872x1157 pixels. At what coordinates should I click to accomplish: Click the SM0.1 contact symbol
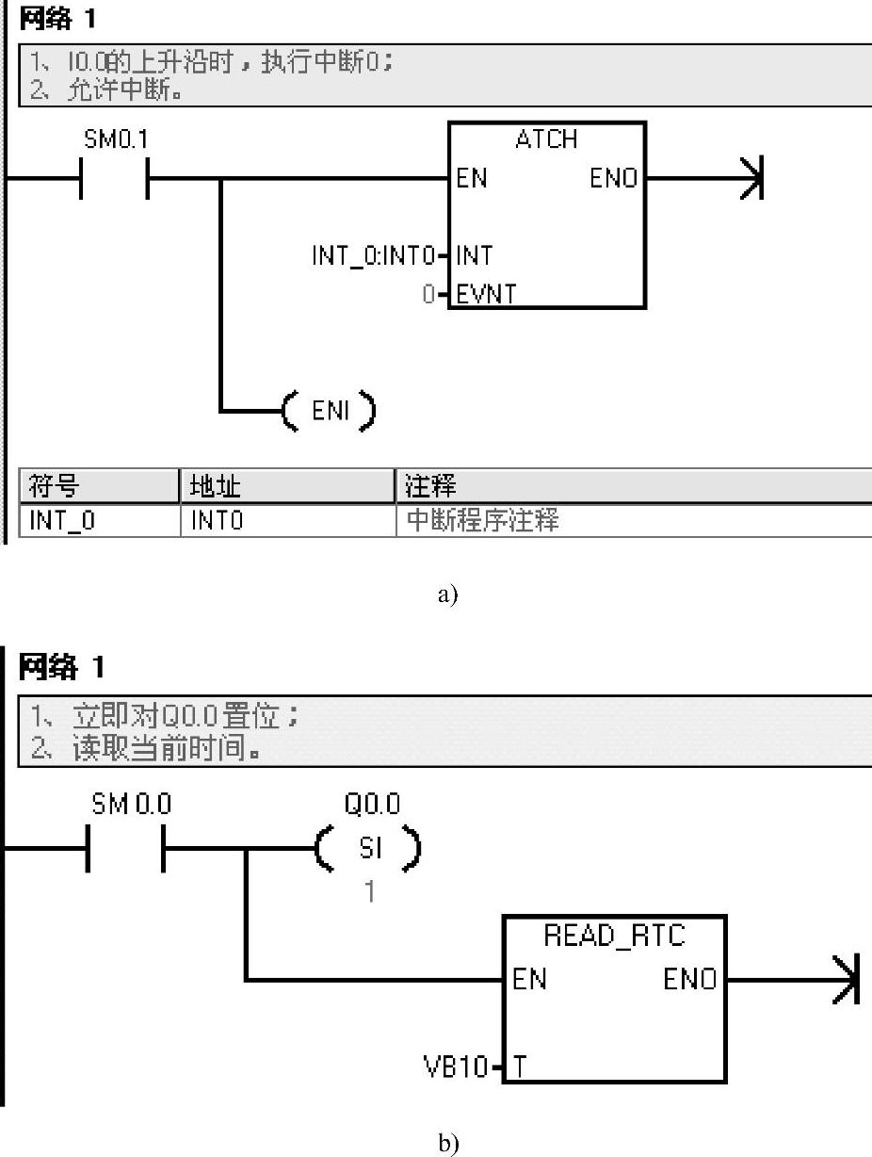coord(114,178)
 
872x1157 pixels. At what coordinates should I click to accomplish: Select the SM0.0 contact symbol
coord(125,850)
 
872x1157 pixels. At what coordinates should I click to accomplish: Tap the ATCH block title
coord(546,139)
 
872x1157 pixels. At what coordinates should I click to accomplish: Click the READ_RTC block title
coord(615,936)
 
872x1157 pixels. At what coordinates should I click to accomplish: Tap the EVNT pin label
coord(487,294)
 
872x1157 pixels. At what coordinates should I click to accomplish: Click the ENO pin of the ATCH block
coord(614,178)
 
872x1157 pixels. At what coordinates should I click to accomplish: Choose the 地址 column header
coord(216,486)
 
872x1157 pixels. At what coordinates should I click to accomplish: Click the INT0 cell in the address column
coord(218,520)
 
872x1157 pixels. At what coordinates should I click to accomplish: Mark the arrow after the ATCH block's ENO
coord(750,178)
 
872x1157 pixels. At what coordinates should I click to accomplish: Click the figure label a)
coord(447,595)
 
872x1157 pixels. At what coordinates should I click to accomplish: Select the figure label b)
coord(447,1143)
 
